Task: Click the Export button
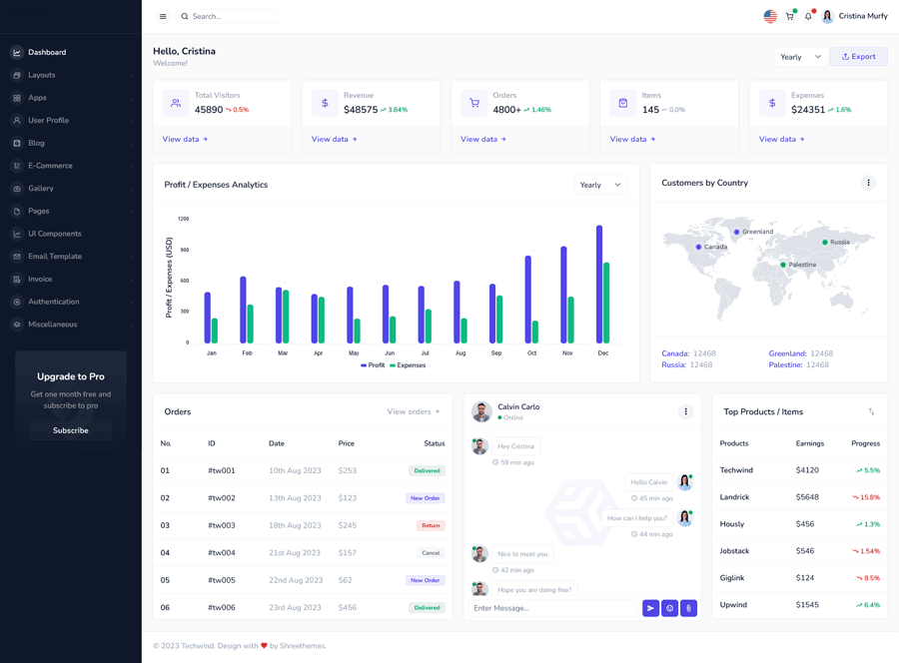pos(858,57)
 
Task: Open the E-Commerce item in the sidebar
pos(50,166)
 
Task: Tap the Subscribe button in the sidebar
pos(70,430)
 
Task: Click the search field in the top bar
pos(230,16)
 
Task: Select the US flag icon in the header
pos(770,16)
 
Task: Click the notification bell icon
pos(808,16)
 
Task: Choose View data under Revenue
pos(334,139)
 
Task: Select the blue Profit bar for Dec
pos(599,285)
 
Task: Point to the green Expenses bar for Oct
pos(535,331)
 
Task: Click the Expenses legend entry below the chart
pos(408,365)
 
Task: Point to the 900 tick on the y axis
pos(183,250)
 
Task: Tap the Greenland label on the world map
pos(757,232)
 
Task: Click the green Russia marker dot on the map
pos(825,243)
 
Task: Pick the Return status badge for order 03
pos(431,525)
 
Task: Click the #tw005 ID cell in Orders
pos(222,580)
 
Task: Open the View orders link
pos(413,411)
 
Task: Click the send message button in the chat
pos(650,608)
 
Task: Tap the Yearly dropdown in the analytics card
pos(600,185)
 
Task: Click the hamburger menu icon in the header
pos(163,16)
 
